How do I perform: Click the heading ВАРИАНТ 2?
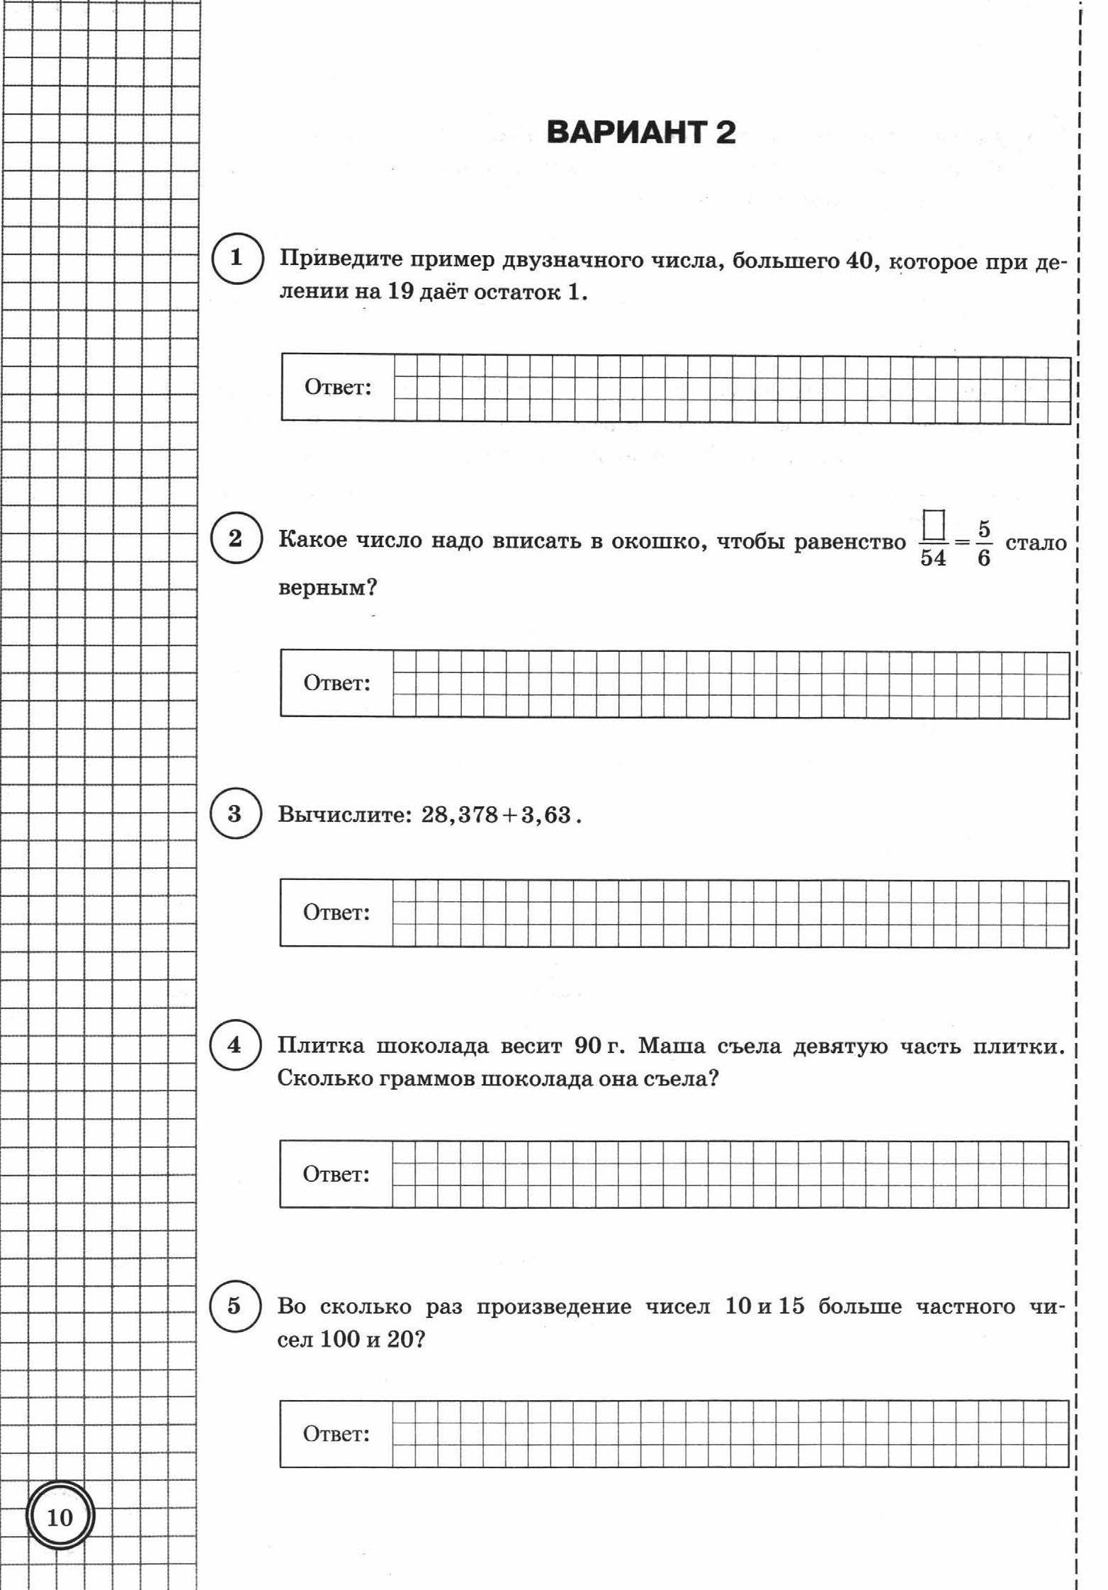pyautogui.click(x=641, y=133)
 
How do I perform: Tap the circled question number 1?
pyautogui.click(x=237, y=258)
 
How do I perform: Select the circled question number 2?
pyautogui.click(x=236, y=539)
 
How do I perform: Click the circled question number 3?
pyautogui.click(x=235, y=813)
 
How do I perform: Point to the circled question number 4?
pyautogui.click(x=234, y=1046)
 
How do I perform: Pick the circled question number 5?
pyautogui.click(x=234, y=1305)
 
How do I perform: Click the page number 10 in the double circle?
pyautogui.click(x=60, y=1518)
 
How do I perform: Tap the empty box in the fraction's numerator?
pyautogui.click(x=934, y=526)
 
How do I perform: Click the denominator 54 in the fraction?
pyautogui.click(x=933, y=558)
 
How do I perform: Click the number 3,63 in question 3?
pyautogui.click(x=546, y=815)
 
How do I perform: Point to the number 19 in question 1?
pyautogui.click(x=400, y=291)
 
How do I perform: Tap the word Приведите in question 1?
pyautogui.click(x=343, y=259)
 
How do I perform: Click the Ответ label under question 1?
pyautogui.click(x=338, y=388)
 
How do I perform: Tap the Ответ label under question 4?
pyautogui.click(x=337, y=1175)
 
